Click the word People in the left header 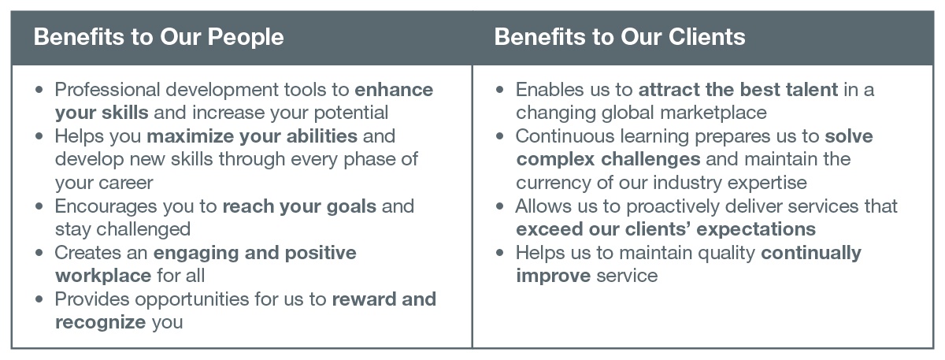pos(246,37)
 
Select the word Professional pos(108,90)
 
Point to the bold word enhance pos(394,90)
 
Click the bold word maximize pos(213,136)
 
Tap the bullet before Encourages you pos(39,206)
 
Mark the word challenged pos(143,229)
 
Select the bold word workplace pos(103,276)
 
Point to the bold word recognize pos(101,323)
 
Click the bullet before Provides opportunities pos(39,299)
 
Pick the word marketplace pos(713,113)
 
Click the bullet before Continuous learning pos(500,136)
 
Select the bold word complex pos(556,160)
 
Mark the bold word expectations pos(756,230)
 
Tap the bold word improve pos(553,276)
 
